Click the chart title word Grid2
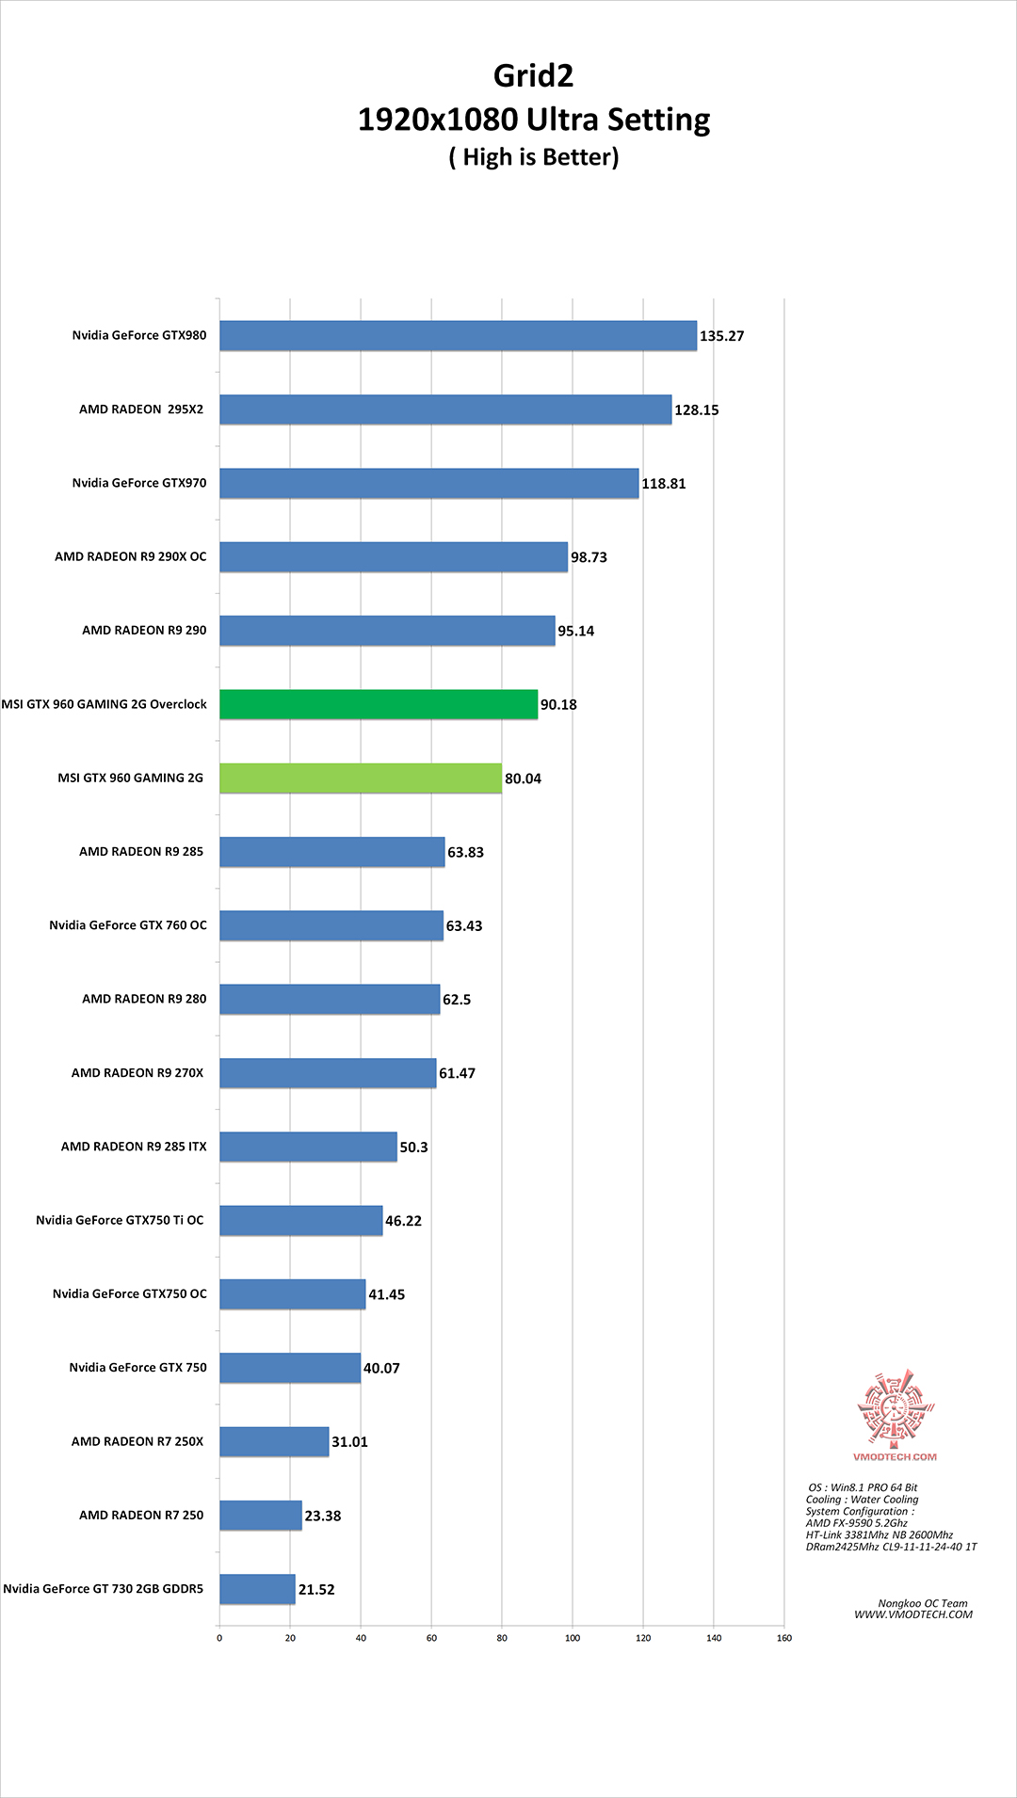point(533,75)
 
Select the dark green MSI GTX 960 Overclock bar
point(379,704)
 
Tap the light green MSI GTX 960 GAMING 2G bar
point(361,778)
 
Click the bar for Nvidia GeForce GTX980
point(458,335)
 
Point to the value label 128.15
point(696,409)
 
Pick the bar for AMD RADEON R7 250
point(261,1515)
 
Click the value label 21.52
point(316,1589)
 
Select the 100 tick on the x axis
point(573,1638)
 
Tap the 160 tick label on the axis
point(784,1638)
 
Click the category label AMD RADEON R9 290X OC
point(130,556)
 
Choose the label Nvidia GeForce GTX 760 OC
point(128,925)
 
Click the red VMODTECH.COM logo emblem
point(895,1409)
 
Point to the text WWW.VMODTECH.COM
point(913,1614)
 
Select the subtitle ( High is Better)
point(534,156)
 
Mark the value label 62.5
point(457,999)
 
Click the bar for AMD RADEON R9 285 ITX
point(308,1147)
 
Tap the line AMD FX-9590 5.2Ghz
point(857,1522)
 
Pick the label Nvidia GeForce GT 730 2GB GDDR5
point(104,1588)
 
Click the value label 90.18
point(558,704)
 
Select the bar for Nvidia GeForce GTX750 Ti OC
point(301,1220)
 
